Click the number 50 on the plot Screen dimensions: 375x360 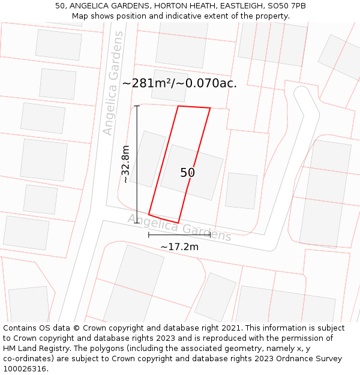pos(187,173)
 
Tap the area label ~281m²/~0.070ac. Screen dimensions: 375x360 pos(179,83)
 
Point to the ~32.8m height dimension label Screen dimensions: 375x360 pos(125,164)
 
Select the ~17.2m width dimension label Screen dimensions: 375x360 pos(179,246)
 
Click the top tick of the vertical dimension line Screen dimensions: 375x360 pos(137,106)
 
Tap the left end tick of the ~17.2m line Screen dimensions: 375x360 pos(149,235)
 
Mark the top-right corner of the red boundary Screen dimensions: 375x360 pos(210,109)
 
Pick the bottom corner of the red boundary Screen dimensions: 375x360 pos(178,223)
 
